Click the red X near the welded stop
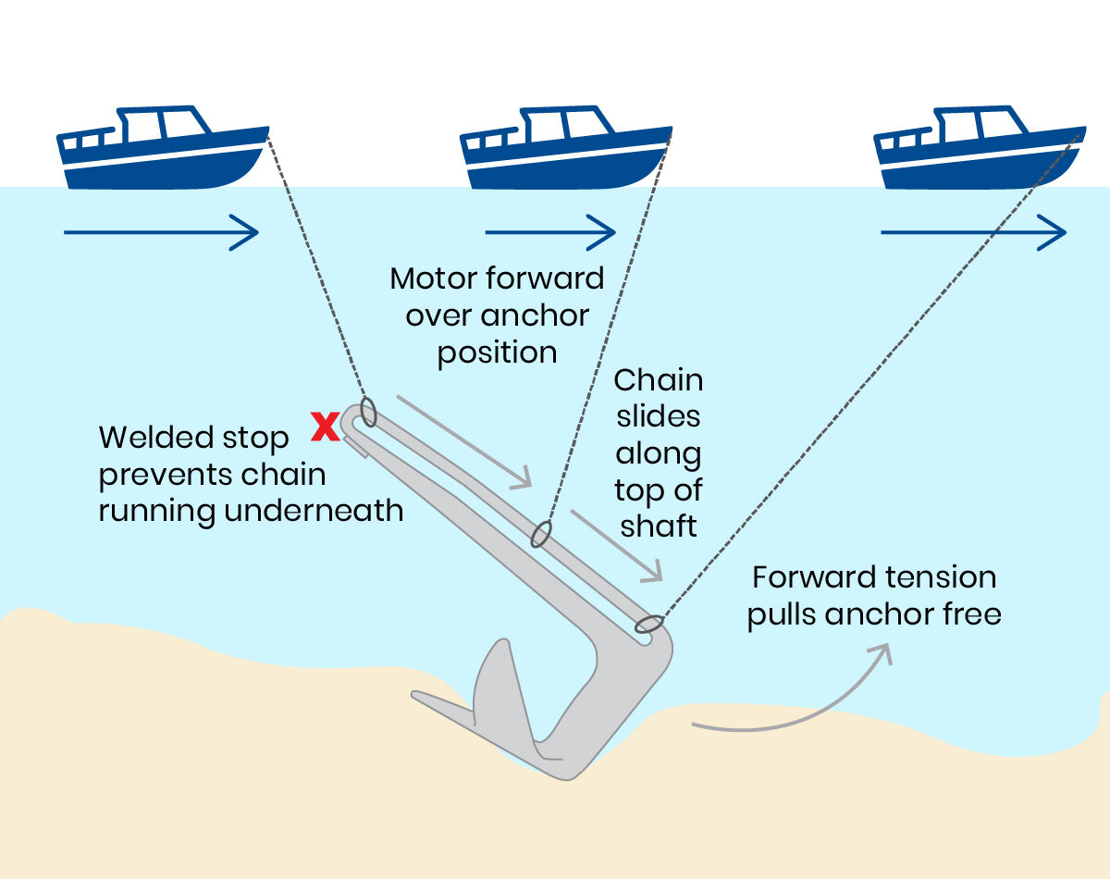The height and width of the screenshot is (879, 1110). point(325,427)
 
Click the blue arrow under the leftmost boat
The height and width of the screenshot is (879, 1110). point(161,231)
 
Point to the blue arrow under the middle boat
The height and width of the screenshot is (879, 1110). point(550,231)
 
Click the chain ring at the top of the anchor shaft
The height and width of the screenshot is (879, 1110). point(368,412)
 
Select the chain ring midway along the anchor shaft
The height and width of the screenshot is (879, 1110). point(541,534)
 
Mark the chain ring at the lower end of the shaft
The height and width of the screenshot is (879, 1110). point(648,625)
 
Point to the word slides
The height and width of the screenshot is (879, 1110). point(658,416)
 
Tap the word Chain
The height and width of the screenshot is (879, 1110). point(659,380)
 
